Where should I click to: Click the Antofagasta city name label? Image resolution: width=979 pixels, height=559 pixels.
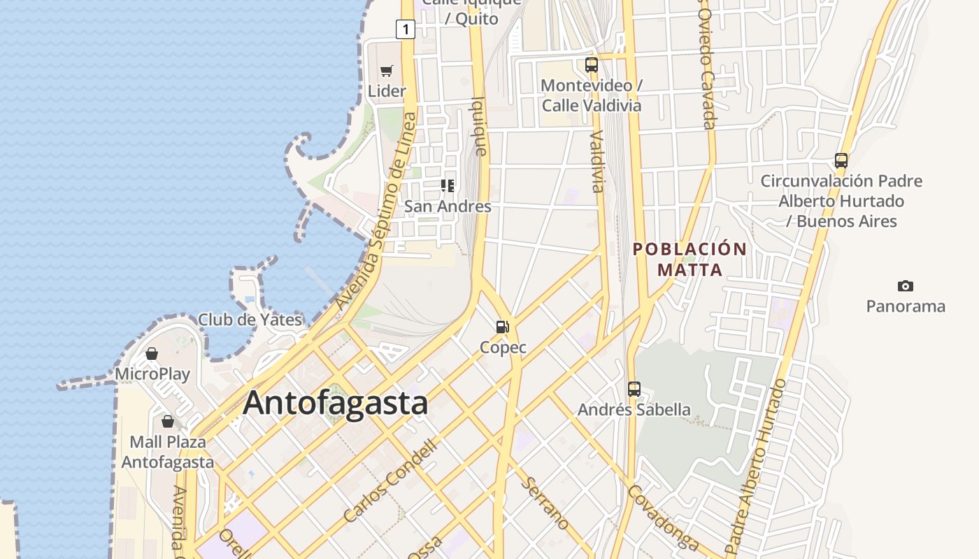pos(336,403)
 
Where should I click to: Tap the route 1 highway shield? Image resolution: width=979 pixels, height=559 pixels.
pos(405,29)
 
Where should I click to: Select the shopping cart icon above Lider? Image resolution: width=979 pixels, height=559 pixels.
pos(387,71)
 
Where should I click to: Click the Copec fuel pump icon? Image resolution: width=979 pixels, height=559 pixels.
pos(502,326)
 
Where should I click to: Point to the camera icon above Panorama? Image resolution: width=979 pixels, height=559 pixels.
pos(906,286)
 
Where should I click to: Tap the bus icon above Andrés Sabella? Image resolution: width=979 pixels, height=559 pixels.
pos(634,389)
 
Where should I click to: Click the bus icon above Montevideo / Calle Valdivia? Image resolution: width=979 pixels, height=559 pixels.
pos(592,65)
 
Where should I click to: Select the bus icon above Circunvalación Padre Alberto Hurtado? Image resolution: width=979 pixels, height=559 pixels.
pos(841,160)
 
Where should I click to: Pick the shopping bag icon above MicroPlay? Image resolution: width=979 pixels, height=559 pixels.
pos(152,354)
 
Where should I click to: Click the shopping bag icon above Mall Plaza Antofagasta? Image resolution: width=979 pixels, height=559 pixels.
pos(168,421)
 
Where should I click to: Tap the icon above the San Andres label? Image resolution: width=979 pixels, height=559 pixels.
pos(448,186)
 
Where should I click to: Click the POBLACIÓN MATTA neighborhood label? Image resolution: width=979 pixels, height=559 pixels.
pos(689,259)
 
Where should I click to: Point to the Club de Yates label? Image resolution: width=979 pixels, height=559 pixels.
pos(250,320)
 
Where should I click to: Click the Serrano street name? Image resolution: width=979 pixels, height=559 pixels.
pos(545,503)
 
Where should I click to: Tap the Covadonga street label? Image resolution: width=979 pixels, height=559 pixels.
pos(663,517)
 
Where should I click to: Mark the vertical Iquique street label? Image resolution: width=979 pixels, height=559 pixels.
pos(480,126)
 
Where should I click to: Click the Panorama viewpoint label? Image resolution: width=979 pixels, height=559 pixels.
pos(906,306)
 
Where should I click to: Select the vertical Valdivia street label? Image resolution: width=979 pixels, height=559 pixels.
pos(596,161)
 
